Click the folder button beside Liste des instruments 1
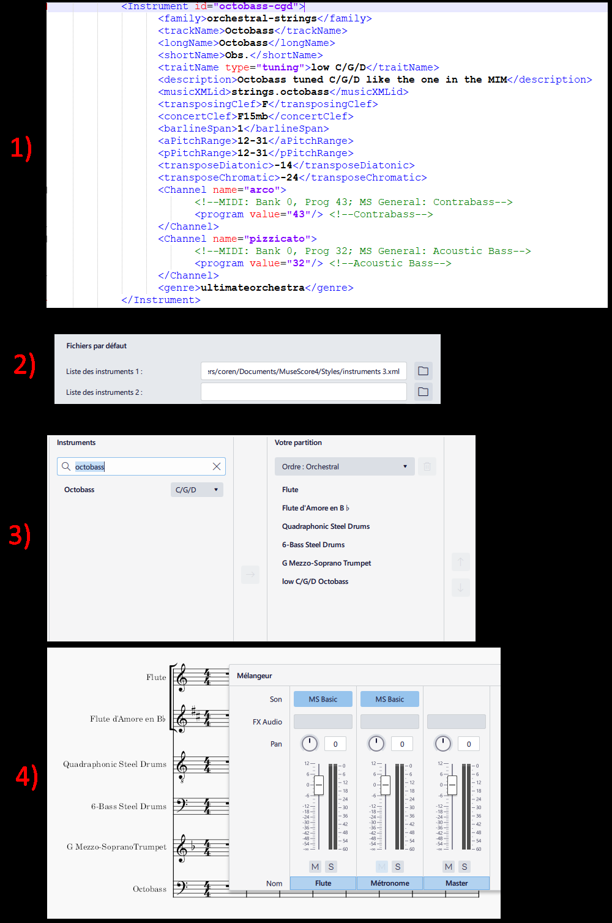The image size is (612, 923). pos(423,371)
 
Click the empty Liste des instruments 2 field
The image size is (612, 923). pos(304,392)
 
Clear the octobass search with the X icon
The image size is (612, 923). pos(217,466)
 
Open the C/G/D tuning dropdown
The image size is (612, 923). pos(196,490)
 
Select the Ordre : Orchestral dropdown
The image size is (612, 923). pos(344,466)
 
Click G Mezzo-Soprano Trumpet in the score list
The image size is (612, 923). pos(326,563)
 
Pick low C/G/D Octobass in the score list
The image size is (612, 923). pos(315,581)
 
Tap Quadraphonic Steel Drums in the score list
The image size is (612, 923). pos(326,526)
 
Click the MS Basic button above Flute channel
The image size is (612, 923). pos(323,699)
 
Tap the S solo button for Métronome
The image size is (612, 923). pos(398,867)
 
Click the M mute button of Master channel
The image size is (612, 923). pos(449,867)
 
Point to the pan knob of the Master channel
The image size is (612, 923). pos(442,744)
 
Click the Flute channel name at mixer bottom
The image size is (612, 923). pos(323,883)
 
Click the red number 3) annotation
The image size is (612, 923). pos(20,536)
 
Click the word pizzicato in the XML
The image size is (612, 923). pos(277,239)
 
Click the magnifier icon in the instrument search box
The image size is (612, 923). pos(66,466)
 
